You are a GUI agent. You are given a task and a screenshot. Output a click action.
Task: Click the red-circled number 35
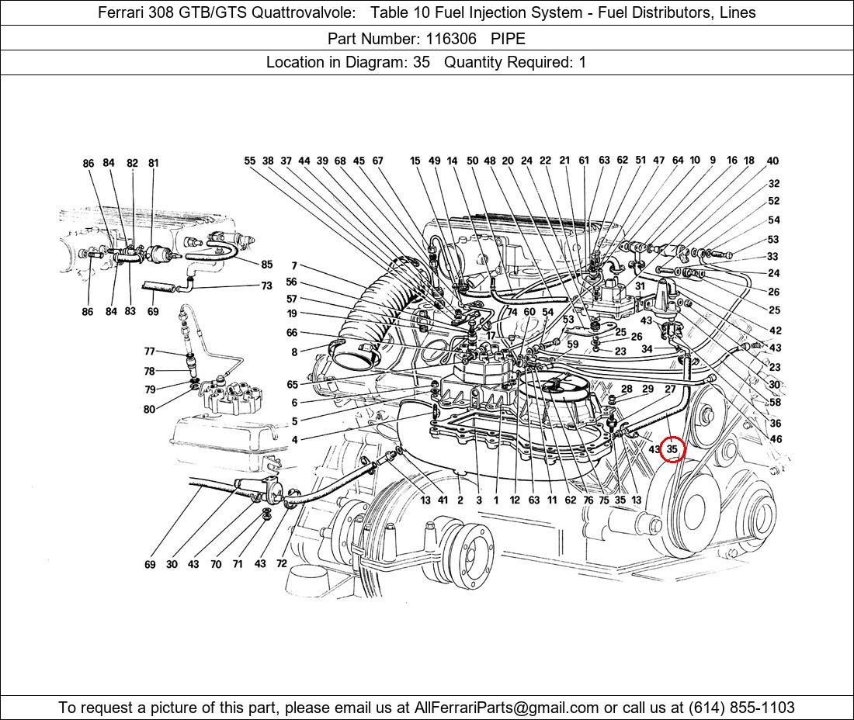click(672, 449)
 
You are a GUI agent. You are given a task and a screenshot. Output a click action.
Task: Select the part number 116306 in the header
click(451, 39)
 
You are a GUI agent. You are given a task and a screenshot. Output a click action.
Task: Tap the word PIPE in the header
click(509, 39)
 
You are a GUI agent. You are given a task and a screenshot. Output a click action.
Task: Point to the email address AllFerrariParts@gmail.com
click(506, 708)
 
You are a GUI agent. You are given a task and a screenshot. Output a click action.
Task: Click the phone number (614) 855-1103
click(741, 708)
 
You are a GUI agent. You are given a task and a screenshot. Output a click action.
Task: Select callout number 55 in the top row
click(249, 161)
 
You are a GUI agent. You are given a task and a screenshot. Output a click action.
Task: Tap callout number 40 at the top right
click(772, 161)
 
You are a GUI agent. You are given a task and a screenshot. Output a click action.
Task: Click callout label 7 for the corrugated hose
click(294, 266)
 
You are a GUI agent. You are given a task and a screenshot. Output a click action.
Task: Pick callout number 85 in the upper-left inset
click(266, 265)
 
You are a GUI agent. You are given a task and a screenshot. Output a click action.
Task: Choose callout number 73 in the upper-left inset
click(266, 286)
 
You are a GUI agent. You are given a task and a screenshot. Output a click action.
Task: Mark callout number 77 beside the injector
click(149, 351)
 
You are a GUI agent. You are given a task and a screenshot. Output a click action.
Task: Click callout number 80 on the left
click(149, 409)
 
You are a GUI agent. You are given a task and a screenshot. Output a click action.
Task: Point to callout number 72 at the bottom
click(282, 564)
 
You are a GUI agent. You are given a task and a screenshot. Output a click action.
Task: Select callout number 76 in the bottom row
click(588, 500)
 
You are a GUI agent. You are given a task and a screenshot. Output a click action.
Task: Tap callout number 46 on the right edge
click(776, 439)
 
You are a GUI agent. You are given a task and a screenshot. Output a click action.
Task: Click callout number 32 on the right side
click(774, 183)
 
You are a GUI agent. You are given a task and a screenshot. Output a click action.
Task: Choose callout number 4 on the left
click(294, 440)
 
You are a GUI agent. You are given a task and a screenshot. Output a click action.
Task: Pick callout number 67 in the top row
click(377, 161)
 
